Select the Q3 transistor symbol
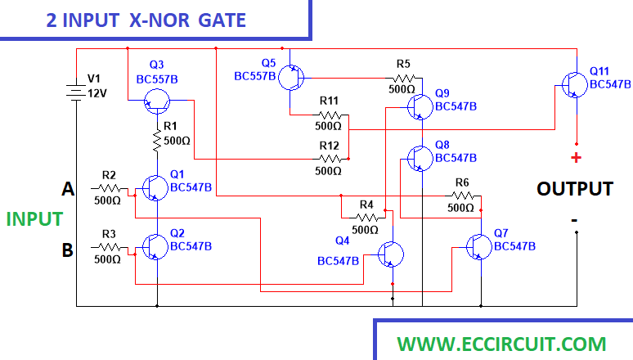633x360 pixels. coord(155,101)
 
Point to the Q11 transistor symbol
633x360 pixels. coord(573,83)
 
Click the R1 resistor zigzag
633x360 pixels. coord(156,140)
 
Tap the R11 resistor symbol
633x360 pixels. coord(330,115)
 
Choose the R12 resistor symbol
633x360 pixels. coord(330,159)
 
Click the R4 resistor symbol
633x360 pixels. coord(366,217)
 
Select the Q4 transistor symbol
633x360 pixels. coord(390,255)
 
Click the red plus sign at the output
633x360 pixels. coord(576,158)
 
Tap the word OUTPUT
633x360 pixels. coord(574,189)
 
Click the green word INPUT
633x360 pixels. coord(34,218)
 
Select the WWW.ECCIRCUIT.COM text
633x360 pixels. coord(501,344)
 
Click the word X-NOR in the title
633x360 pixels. coord(159,20)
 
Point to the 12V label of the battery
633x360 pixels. coord(97,94)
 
